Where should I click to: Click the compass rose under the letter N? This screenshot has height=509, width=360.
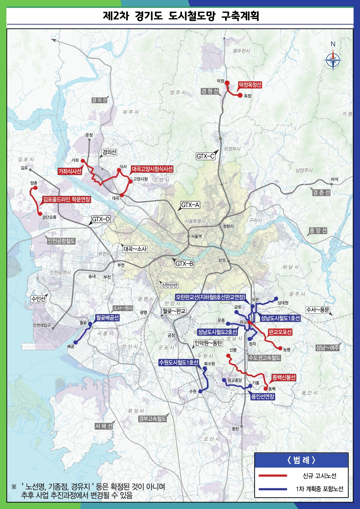tap(333, 60)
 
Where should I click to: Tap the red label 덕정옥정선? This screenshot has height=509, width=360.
tap(250, 85)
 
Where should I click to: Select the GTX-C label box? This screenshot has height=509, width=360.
tap(205, 156)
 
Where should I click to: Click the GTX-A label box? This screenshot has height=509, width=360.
tap(190, 205)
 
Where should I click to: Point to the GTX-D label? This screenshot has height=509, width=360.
tap(101, 219)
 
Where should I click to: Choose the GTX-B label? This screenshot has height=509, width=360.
tap(184, 264)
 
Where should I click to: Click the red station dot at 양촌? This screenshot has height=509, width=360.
tap(35, 188)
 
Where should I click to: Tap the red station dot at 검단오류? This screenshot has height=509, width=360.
tap(40, 214)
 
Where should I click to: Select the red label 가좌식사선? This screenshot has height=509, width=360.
tap(70, 171)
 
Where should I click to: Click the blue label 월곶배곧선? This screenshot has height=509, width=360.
tap(107, 318)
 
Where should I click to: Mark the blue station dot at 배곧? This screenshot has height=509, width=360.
tap(76, 342)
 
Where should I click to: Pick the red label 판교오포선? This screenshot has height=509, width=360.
tap(280, 332)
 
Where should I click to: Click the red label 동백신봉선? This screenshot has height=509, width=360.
tap(284, 377)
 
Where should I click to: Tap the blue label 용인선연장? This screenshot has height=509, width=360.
tap(263, 396)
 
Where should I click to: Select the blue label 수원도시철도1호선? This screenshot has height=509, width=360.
tap(178, 363)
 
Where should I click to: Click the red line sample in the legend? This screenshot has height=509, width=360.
tap(273, 476)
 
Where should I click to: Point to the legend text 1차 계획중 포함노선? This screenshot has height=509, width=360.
tap(319, 489)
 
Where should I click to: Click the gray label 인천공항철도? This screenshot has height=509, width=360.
tap(61, 241)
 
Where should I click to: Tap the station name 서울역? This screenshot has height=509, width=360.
tap(196, 236)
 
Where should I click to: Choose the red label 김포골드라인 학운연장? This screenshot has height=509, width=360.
tap(66, 200)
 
